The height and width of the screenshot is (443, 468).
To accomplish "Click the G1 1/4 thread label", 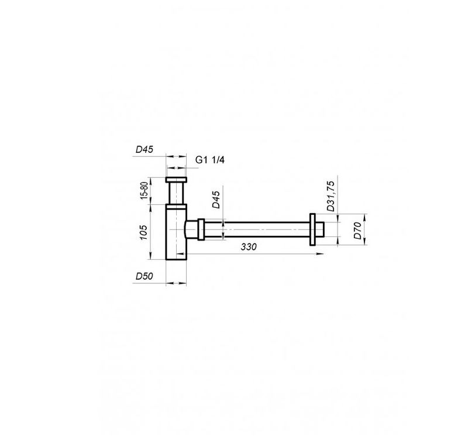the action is pos(210,160).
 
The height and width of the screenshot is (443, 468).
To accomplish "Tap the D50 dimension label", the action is pos(144,276).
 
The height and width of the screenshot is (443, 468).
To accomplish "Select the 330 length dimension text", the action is pos(249,247).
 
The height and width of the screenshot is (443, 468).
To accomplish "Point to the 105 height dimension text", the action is pos(143,232).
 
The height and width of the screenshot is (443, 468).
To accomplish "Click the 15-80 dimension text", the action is pos(144,190).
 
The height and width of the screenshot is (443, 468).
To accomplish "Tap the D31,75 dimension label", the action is pos(331,196).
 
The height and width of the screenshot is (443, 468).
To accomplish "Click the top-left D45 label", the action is pos(144,149).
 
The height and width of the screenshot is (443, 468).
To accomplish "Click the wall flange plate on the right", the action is pos(312,229).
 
